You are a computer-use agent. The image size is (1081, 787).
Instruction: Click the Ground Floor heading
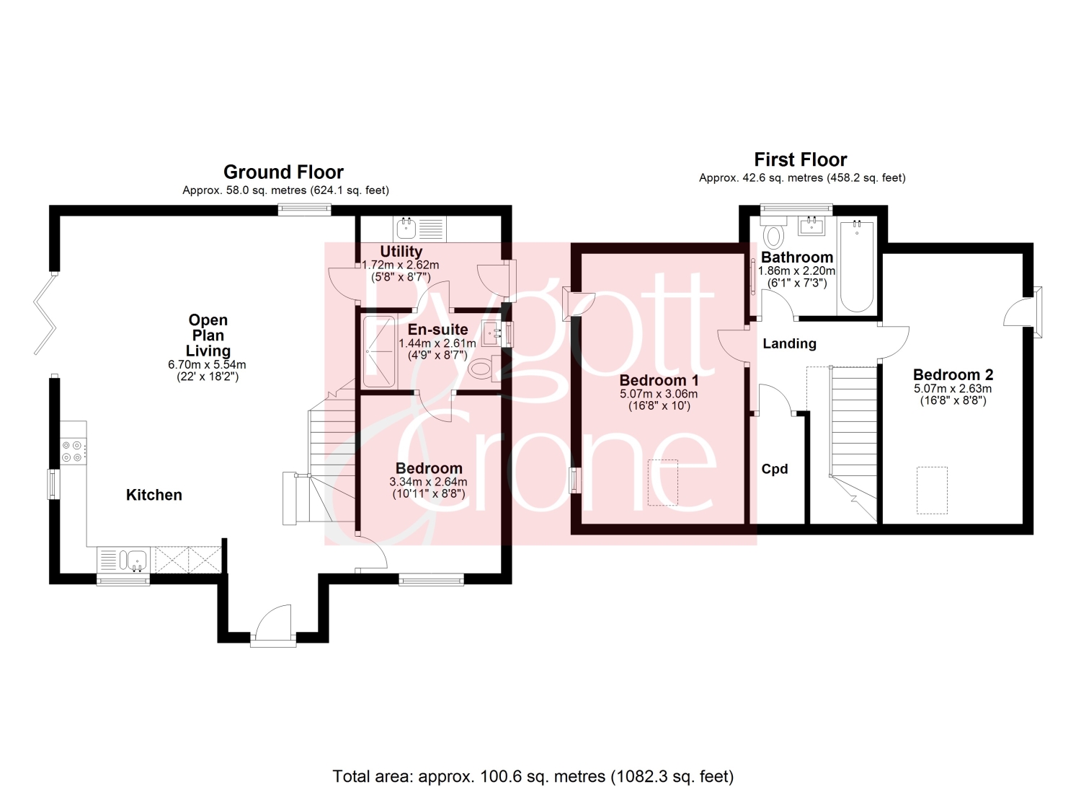tap(283, 172)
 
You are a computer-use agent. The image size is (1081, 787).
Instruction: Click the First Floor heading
tap(801, 159)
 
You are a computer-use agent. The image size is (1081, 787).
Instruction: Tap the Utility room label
tap(401, 251)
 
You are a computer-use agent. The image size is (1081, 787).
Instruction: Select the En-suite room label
tap(437, 330)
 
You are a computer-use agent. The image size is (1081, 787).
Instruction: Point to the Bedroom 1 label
tap(659, 380)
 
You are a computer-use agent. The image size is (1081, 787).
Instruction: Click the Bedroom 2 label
tap(953, 374)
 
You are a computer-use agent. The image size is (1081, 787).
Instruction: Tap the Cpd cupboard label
tap(775, 469)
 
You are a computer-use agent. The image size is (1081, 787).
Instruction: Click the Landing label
tap(790, 343)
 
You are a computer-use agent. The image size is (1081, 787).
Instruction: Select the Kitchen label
tap(154, 495)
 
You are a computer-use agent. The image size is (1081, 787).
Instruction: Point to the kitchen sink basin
tap(136, 560)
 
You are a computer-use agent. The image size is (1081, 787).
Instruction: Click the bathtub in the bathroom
tap(857, 267)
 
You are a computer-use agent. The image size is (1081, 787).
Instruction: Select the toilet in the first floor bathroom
tap(773, 233)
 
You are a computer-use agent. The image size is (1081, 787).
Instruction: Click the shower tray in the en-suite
tap(379, 351)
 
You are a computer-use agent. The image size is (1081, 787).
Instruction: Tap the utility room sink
tap(406, 229)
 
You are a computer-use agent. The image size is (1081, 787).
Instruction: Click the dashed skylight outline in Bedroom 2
tap(932, 490)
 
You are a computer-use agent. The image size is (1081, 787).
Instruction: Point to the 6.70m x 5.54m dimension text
tap(207, 365)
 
